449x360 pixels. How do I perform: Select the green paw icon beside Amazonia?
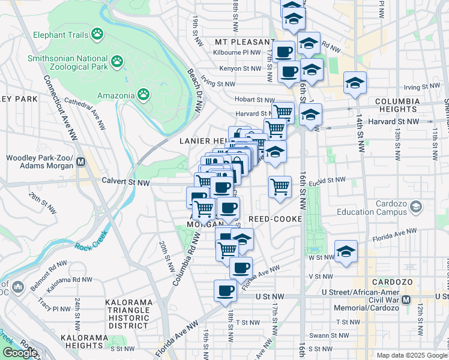tap(143, 94)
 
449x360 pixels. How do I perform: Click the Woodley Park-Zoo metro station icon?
tap(80, 162)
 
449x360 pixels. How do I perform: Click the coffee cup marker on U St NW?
tap(225, 291)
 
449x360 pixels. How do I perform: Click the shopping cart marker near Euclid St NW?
tap(280, 187)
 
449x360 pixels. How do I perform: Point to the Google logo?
tap(19, 353)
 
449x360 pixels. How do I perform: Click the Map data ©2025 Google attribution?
tap(412, 355)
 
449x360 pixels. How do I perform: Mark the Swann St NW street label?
tap(325, 335)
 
